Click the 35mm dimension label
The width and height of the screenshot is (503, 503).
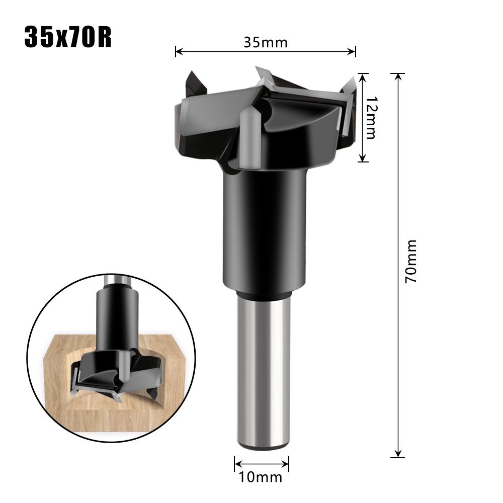tap(266, 42)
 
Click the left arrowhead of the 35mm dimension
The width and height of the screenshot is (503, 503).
tap(178, 51)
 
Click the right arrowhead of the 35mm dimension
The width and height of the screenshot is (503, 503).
tap(353, 51)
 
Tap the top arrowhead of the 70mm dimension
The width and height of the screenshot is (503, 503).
tap(398, 77)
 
